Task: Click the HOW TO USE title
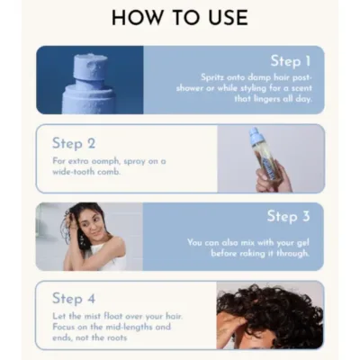tap(180, 17)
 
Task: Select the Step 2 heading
tap(73, 142)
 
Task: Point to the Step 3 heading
tap(288, 216)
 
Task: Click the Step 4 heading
tap(73, 298)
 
